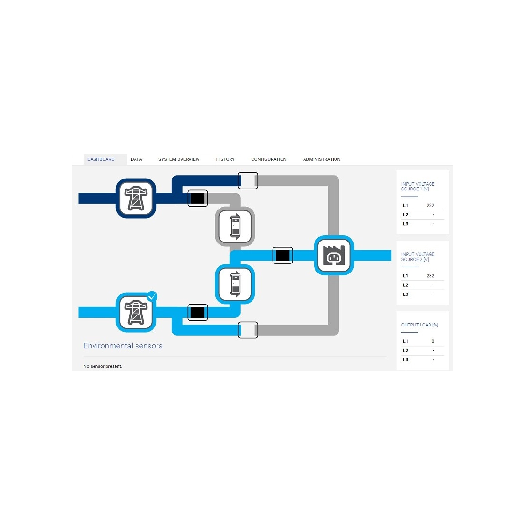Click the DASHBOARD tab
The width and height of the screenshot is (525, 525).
point(101,159)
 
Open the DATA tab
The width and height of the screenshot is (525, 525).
point(136,159)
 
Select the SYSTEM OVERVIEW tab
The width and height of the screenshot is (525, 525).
point(179,159)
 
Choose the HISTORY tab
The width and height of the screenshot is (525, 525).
point(225,159)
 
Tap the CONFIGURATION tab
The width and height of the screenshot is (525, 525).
point(269,159)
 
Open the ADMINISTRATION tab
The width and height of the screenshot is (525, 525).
point(322,159)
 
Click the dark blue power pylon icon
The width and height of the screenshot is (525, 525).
point(136,198)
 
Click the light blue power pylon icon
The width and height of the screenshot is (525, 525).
point(136,313)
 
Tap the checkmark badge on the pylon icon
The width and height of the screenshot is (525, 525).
point(152,296)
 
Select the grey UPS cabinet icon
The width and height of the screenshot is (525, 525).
point(235,227)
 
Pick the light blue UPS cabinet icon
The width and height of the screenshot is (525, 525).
point(235,284)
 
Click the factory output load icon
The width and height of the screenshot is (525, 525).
point(334,255)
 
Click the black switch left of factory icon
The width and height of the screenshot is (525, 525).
point(283,255)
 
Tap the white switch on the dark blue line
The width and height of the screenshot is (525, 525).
point(248,181)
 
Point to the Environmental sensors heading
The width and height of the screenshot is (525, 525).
point(123,346)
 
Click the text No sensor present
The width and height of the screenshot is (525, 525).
point(103,366)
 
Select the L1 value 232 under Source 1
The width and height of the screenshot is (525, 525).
point(430,206)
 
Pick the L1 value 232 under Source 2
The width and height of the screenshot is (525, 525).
point(430,276)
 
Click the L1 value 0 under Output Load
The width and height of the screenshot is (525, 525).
point(433,342)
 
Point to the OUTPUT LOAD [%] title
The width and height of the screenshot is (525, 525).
point(420,325)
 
